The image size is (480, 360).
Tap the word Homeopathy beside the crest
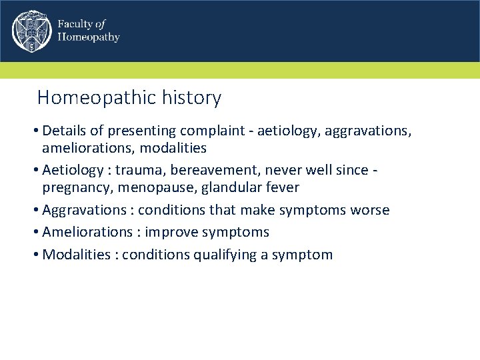pos(89,37)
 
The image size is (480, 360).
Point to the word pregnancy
pos(74,188)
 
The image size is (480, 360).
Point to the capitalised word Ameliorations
pos(87,232)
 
